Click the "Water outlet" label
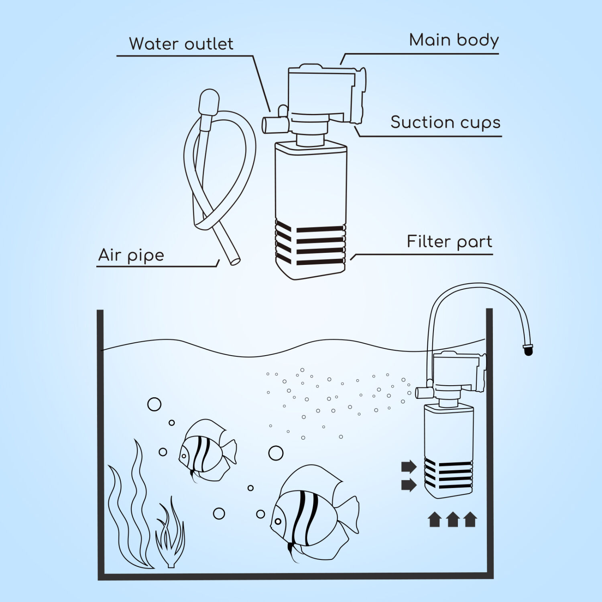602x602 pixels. (x=181, y=44)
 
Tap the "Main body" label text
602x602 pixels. (x=454, y=41)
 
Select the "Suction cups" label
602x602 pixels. (x=445, y=122)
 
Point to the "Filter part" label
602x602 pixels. (x=449, y=242)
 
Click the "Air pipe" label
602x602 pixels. (x=131, y=255)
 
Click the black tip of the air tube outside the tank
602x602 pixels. (x=529, y=350)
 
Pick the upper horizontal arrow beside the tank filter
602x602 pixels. (x=409, y=466)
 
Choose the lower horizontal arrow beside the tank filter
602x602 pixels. (x=409, y=485)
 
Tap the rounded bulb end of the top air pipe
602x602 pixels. (x=209, y=101)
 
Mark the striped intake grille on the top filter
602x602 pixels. (x=310, y=245)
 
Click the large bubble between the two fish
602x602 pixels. (x=276, y=453)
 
